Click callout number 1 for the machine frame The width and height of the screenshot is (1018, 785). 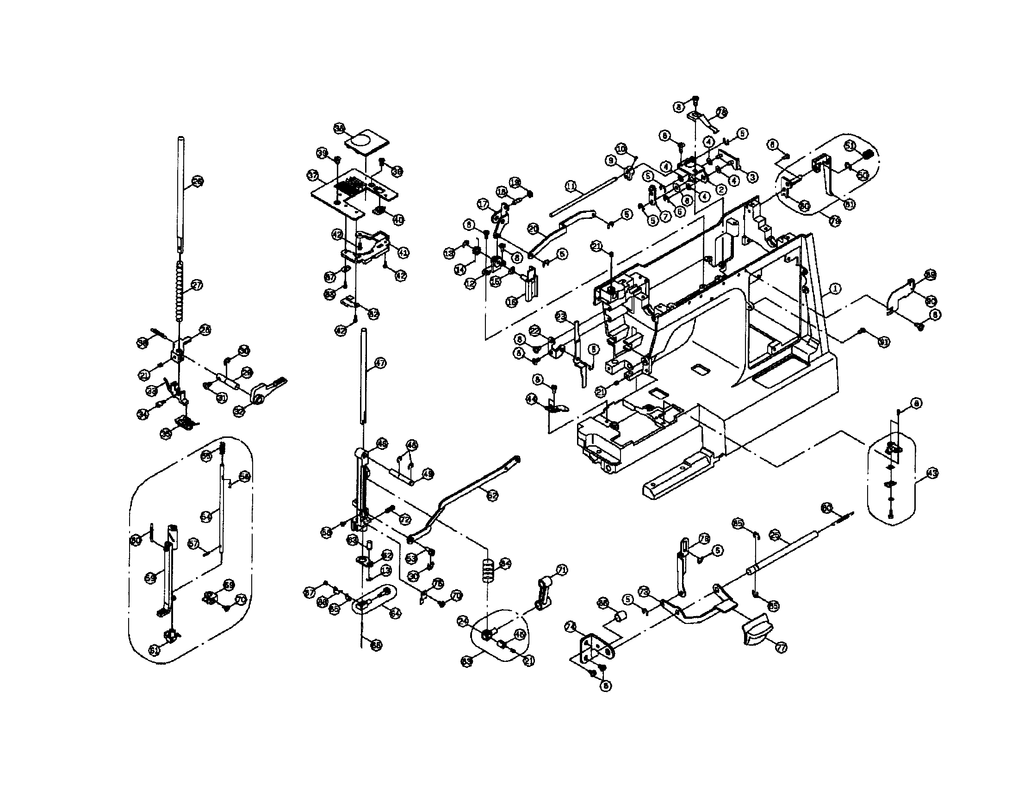(x=835, y=289)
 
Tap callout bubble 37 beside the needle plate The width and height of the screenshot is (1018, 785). (x=312, y=176)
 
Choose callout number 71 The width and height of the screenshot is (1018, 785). (x=562, y=570)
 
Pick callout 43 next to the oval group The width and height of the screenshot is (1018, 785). (x=932, y=473)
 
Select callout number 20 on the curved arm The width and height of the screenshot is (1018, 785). (x=534, y=228)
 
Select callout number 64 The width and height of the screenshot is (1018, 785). (x=395, y=614)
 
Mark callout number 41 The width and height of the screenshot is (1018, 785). (x=403, y=252)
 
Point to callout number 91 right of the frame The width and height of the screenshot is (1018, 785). (x=883, y=342)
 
